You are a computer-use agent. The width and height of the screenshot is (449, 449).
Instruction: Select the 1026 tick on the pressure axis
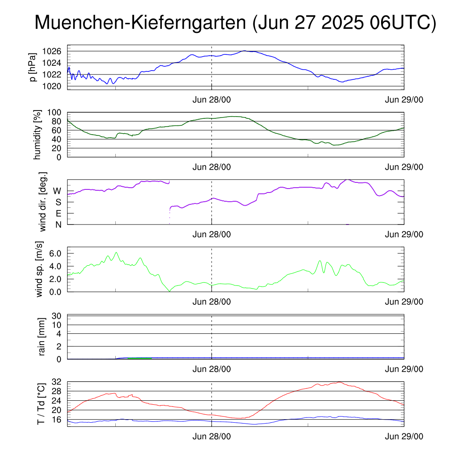click(x=52, y=51)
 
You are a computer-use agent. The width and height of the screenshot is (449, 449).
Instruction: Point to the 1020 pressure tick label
click(x=52, y=86)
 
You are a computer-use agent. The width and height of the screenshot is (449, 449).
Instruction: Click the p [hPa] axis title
click(x=33, y=67)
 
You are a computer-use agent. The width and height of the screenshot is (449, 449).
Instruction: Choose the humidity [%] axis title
click(x=37, y=135)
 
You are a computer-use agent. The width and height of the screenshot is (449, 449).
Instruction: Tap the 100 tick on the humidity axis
click(x=54, y=112)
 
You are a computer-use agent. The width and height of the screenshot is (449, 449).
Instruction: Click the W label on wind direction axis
click(x=57, y=191)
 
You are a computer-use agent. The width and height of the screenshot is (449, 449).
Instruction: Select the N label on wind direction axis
click(x=58, y=225)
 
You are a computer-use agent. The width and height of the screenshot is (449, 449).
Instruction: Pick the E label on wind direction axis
click(x=58, y=214)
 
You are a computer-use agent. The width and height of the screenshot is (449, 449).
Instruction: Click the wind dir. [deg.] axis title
click(x=43, y=202)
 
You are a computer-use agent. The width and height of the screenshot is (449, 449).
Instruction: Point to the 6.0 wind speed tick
click(x=55, y=253)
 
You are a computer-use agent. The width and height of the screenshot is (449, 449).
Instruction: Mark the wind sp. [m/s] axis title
click(x=39, y=269)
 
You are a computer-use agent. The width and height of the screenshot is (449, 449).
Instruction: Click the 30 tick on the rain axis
click(x=57, y=316)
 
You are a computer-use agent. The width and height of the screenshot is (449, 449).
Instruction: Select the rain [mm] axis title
click(x=42, y=336)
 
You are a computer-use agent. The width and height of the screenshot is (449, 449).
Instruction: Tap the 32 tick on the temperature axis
click(x=57, y=382)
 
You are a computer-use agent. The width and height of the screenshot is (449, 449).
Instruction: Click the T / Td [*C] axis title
click(x=41, y=404)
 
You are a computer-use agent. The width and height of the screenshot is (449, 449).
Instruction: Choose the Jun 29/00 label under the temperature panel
click(x=404, y=436)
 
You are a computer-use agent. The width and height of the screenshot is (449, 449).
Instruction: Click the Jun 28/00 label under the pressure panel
click(x=212, y=100)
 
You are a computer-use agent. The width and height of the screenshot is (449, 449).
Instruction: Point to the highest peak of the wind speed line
click(x=116, y=252)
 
